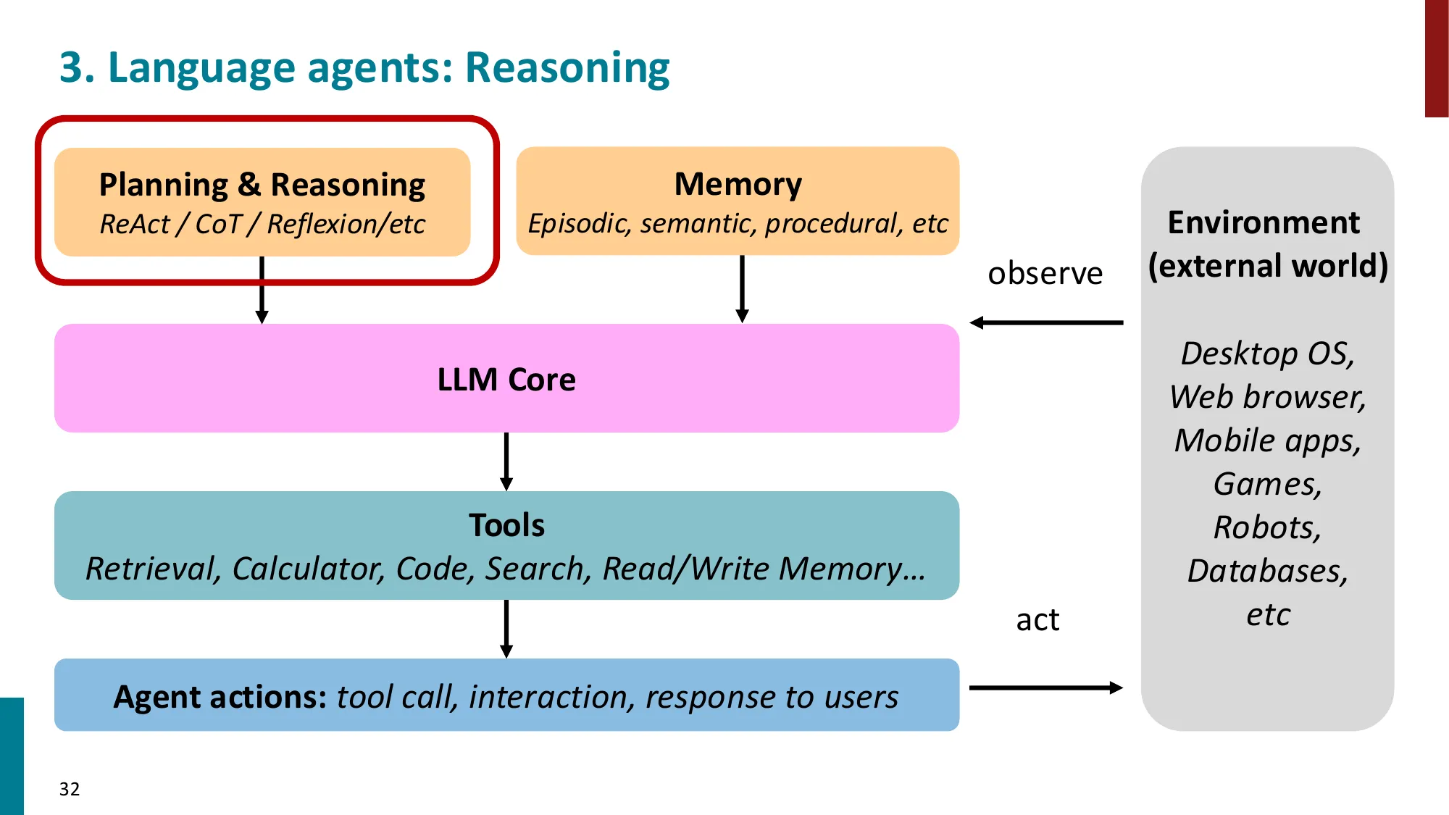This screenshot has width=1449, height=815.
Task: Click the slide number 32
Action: (x=70, y=789)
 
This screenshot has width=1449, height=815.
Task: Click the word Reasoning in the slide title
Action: (x=567, y=68)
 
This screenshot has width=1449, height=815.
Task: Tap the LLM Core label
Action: (x=506, y=380)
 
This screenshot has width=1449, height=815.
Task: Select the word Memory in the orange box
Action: (x=738, y=184)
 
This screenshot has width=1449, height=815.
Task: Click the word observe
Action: (x=1045, y=274)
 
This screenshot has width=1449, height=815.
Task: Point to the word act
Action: (x=1037, y=620)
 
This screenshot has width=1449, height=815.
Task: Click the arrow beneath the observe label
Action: (x=1046, y=322)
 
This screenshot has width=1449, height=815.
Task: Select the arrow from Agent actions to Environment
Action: (x=1046, y=687)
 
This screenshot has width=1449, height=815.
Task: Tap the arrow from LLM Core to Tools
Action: (x=506, y=461)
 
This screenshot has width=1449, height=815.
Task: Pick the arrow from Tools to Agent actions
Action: (x=506, y=628)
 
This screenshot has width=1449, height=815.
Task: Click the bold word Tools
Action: (x=506, y=525)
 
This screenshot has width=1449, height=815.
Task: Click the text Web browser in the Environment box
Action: (x=1267, y=397)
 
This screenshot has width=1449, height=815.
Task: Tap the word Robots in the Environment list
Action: (x=1266, y=527)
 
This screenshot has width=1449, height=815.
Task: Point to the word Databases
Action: (x=1267, y=571)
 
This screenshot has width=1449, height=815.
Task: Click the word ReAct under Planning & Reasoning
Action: (x=135, y=225)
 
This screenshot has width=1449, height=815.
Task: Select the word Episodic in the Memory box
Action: (x=579, y=224)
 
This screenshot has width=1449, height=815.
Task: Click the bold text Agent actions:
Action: (x=220, y=697)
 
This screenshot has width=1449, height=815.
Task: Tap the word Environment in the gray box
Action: (x=1264, y=222)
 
